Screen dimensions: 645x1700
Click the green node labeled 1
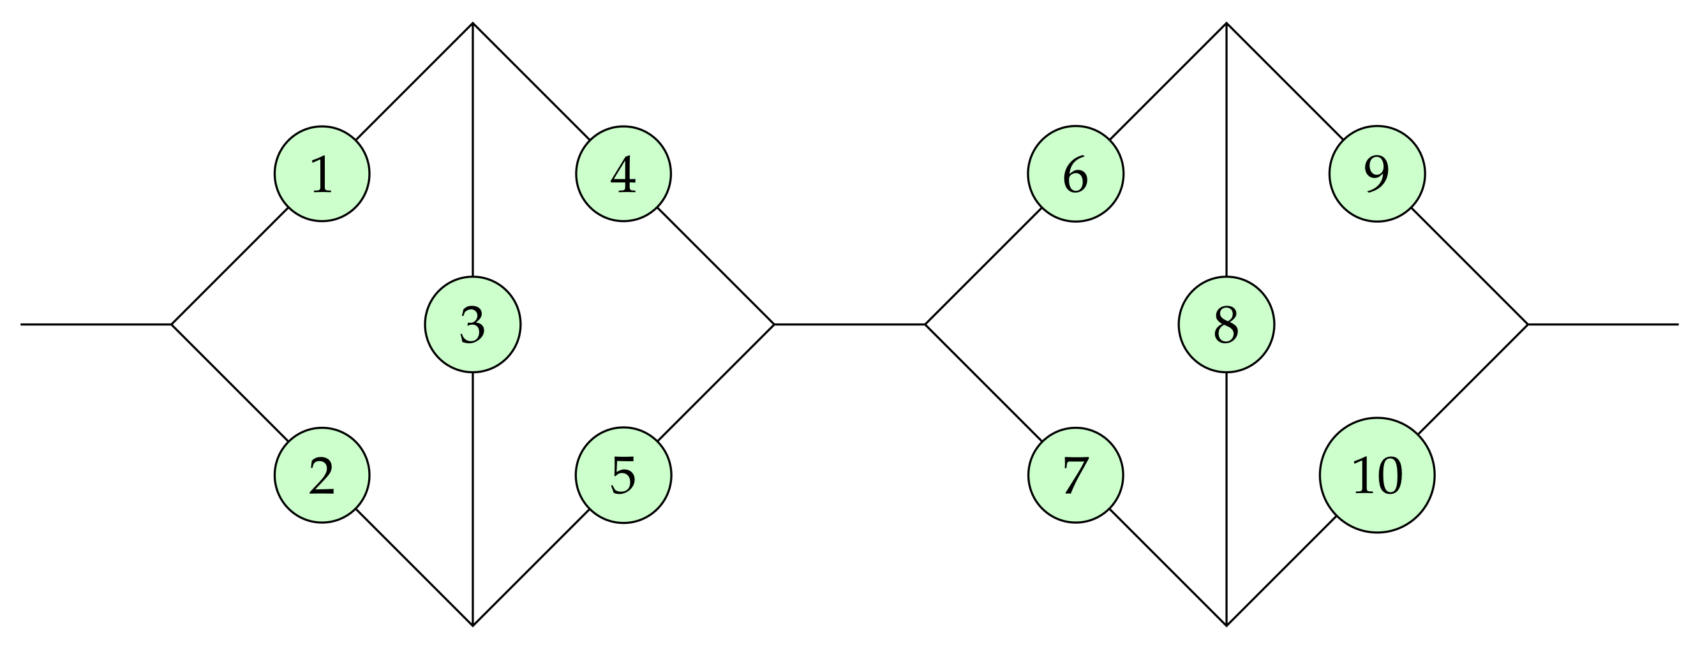pyautogui.click(x=322, y=174)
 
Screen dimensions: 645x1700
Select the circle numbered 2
pyautogui.click(x=322, y=475)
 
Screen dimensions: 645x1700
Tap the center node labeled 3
pyautogui.click(x=472, y=325)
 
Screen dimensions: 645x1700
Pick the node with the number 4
pyautogui.click(x=623, y=174)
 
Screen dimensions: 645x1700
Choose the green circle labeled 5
pyautogui.click(x=623, y=475)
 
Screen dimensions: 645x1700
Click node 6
pyautogui.click(x=1076, y=174)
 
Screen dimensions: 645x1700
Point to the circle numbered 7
pyautogui.click(x=1076, y=475)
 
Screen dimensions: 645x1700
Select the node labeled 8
pyautogui.click(x=1226, y=325)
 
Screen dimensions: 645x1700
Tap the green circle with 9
pyautogui.click(x=1377, y=174)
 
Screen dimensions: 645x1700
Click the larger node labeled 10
pyautogui.click(x=1377, y=475)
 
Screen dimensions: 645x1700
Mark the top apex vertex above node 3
pyautogui.click(x=472, y=24)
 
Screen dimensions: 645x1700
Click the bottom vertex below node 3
pyautogui.click(x=472, y=625)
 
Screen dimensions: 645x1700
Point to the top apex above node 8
pyautogui.click(x=1226, y=24)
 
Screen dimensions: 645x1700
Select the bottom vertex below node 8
pyautogui.click(x=1226, y=625)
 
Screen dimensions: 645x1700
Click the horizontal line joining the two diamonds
pyautogui.click(x=849, y=325)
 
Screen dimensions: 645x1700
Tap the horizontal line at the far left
pyautogui.click(x=96, y=325)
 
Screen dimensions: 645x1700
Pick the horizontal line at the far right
pyautogui.click(x=1604, y=325)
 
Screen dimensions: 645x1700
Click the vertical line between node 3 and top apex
pyautogui.click(x=472, y=152)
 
